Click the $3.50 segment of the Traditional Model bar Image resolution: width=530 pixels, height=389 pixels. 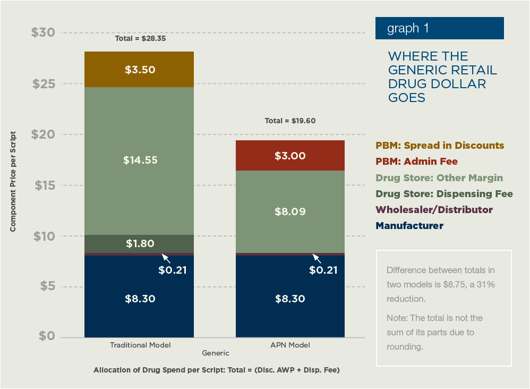(140, 70)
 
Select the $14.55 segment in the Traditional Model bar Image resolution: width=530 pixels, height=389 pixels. (140, 160)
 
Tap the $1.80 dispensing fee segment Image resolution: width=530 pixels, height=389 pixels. (140, 244)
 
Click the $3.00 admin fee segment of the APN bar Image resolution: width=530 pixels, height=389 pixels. (290, 156)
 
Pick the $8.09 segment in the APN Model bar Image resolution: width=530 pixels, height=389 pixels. (290, 212)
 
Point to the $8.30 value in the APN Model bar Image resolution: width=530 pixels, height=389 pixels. (290, 299)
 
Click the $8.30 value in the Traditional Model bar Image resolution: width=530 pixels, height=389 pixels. (140, 299)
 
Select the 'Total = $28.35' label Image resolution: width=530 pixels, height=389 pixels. (140, 39)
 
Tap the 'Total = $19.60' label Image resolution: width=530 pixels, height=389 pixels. (290, 121)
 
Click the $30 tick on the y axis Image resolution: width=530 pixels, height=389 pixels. (43, 33)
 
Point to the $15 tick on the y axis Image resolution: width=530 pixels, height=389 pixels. (43, 185)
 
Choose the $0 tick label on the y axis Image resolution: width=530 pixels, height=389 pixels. (47, 337)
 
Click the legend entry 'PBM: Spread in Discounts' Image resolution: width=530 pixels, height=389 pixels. (439, 146)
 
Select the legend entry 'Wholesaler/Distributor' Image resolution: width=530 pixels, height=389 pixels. (434, 210)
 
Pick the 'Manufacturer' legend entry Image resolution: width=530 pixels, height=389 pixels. (409, 226)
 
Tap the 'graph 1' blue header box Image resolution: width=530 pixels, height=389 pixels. (439, 28)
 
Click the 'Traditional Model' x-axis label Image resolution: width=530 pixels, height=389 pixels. (140, 345)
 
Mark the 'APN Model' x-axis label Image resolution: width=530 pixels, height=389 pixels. (290, 345)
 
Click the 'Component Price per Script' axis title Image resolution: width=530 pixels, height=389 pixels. (12, 181)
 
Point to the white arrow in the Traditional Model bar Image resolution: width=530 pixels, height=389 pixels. (166, 258)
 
